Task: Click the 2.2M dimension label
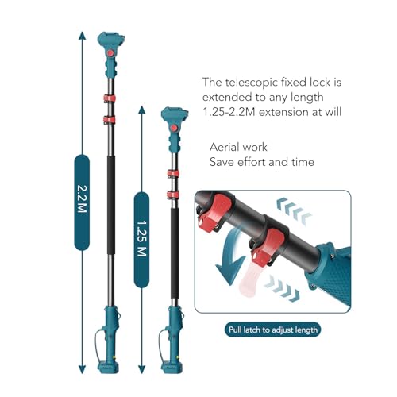[x=82, y=202]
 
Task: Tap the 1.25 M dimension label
[x=141, y=240]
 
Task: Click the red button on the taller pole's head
[x=110, y=53]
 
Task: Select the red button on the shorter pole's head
[x=174, y=129]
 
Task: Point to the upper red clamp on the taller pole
[x=110, y=98]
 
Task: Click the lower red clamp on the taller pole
[x=110, y=120]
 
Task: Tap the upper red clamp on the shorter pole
[x=173, y=174]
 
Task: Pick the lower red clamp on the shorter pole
[x=173, y=195]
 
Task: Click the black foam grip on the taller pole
[x=111, y=205]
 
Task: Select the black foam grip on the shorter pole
[x=175, y=253]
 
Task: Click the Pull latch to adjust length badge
[x=272, y=330]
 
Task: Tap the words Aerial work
[x=238, y=147]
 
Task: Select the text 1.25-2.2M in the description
[x=229, y=112]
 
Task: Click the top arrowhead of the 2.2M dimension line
[x=82, y=36]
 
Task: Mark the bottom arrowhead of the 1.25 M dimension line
[x=142, y=369]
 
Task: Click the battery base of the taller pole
[x=108, y=368]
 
